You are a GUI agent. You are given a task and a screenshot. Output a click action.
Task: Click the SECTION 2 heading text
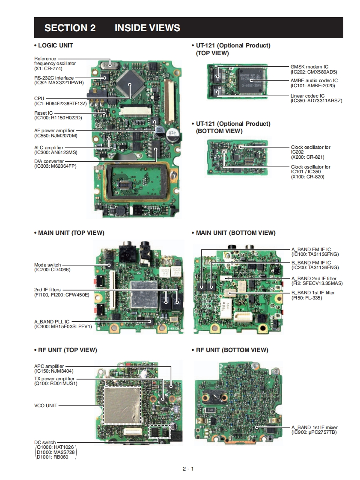click(70, 28)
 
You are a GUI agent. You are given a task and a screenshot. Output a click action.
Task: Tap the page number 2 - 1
click(188, 469)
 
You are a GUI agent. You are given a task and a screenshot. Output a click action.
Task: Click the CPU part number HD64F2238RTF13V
click(60, 103)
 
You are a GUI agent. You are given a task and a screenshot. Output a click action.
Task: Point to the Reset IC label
click(44, 113)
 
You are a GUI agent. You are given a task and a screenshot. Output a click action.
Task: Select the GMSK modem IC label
click(309, 67)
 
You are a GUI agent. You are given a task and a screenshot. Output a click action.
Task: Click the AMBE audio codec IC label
click(314, 80)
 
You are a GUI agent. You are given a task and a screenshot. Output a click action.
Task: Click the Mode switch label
click(48, 265)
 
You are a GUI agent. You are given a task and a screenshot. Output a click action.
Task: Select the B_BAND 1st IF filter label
click(313, 293)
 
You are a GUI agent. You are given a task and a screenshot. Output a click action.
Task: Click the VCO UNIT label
click(45, 406)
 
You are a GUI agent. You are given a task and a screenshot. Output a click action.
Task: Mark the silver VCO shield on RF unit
click(123, 405)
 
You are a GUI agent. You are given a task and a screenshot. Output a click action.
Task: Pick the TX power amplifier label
click(54, 379)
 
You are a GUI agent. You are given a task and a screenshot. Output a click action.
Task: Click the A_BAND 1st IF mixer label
click(315, 427)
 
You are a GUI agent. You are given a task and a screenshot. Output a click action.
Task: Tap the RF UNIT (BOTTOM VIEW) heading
click(232, 350)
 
